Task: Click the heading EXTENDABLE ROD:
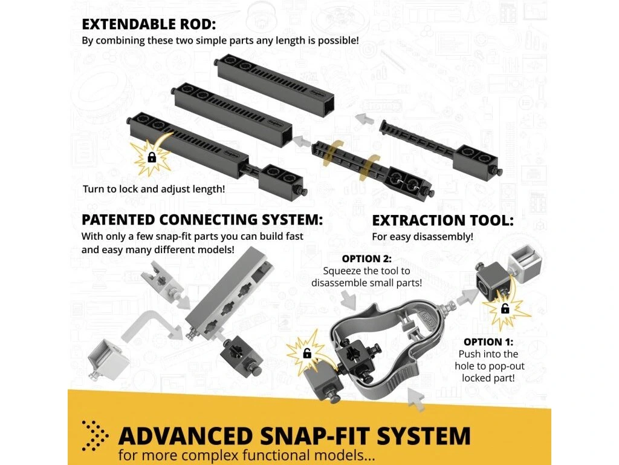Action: coord(149,24)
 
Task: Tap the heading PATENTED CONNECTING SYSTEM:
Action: coord(202,219)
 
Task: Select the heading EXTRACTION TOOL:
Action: coord(442,220)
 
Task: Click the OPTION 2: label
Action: coord(367,259)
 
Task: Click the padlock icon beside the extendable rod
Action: coord(151,157)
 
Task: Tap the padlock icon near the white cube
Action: coord(505,309)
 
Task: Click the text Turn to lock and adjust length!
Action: coord(154,189)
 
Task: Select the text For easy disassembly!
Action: coord(422,237)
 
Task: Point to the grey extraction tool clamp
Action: coord(382,351)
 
